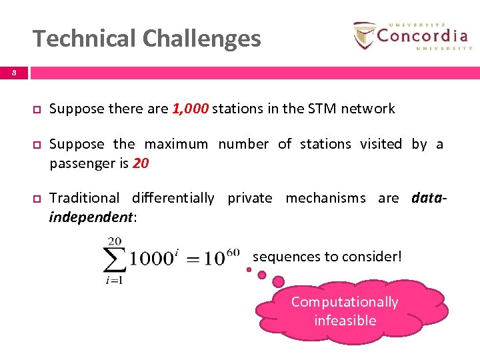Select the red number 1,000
coord(190,109)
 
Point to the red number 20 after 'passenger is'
coord(141,163)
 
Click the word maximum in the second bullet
coord(176,144)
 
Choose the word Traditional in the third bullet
coord(84,198)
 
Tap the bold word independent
coord(91,217)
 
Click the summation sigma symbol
coord(114,259)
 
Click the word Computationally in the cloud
coord(345,302)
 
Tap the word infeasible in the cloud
coord(345,321)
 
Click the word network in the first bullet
coord(368,109)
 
